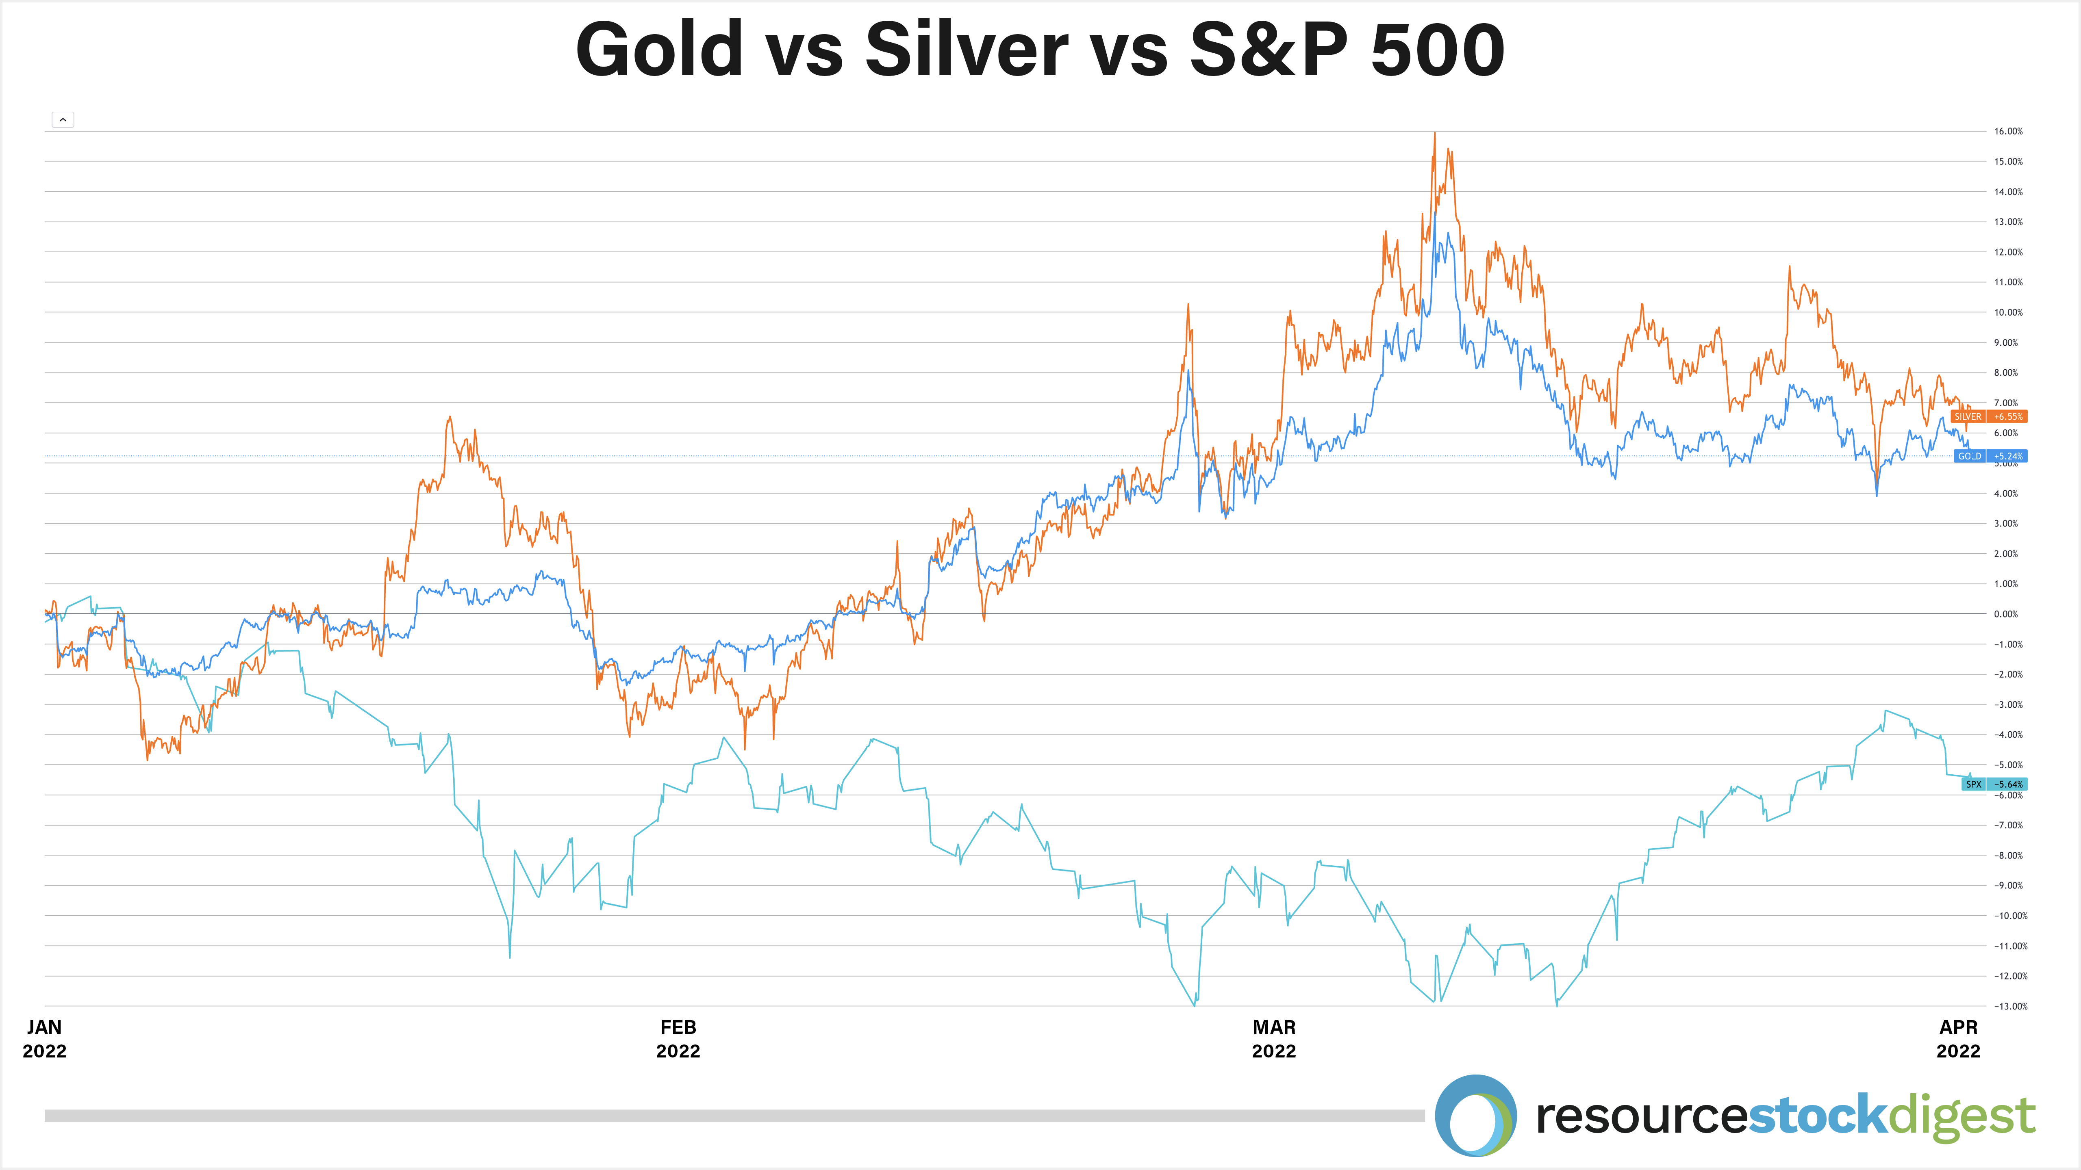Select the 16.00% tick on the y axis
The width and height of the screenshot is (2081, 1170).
click(2008, 131)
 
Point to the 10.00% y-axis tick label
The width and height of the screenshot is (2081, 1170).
click(2008, 312)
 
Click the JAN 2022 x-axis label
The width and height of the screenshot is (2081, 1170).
click(44, 1038)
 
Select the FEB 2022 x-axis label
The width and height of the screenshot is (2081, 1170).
click(678, 1038)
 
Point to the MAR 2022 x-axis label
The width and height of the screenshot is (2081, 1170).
click(1274, 1038)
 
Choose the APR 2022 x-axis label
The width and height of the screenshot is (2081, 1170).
click(1958, 1038)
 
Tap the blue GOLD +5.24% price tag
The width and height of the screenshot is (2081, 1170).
click(1990, 456)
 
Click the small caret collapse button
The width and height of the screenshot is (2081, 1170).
click(63, 119)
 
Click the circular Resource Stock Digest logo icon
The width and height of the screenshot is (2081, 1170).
click(1475, 1115)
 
